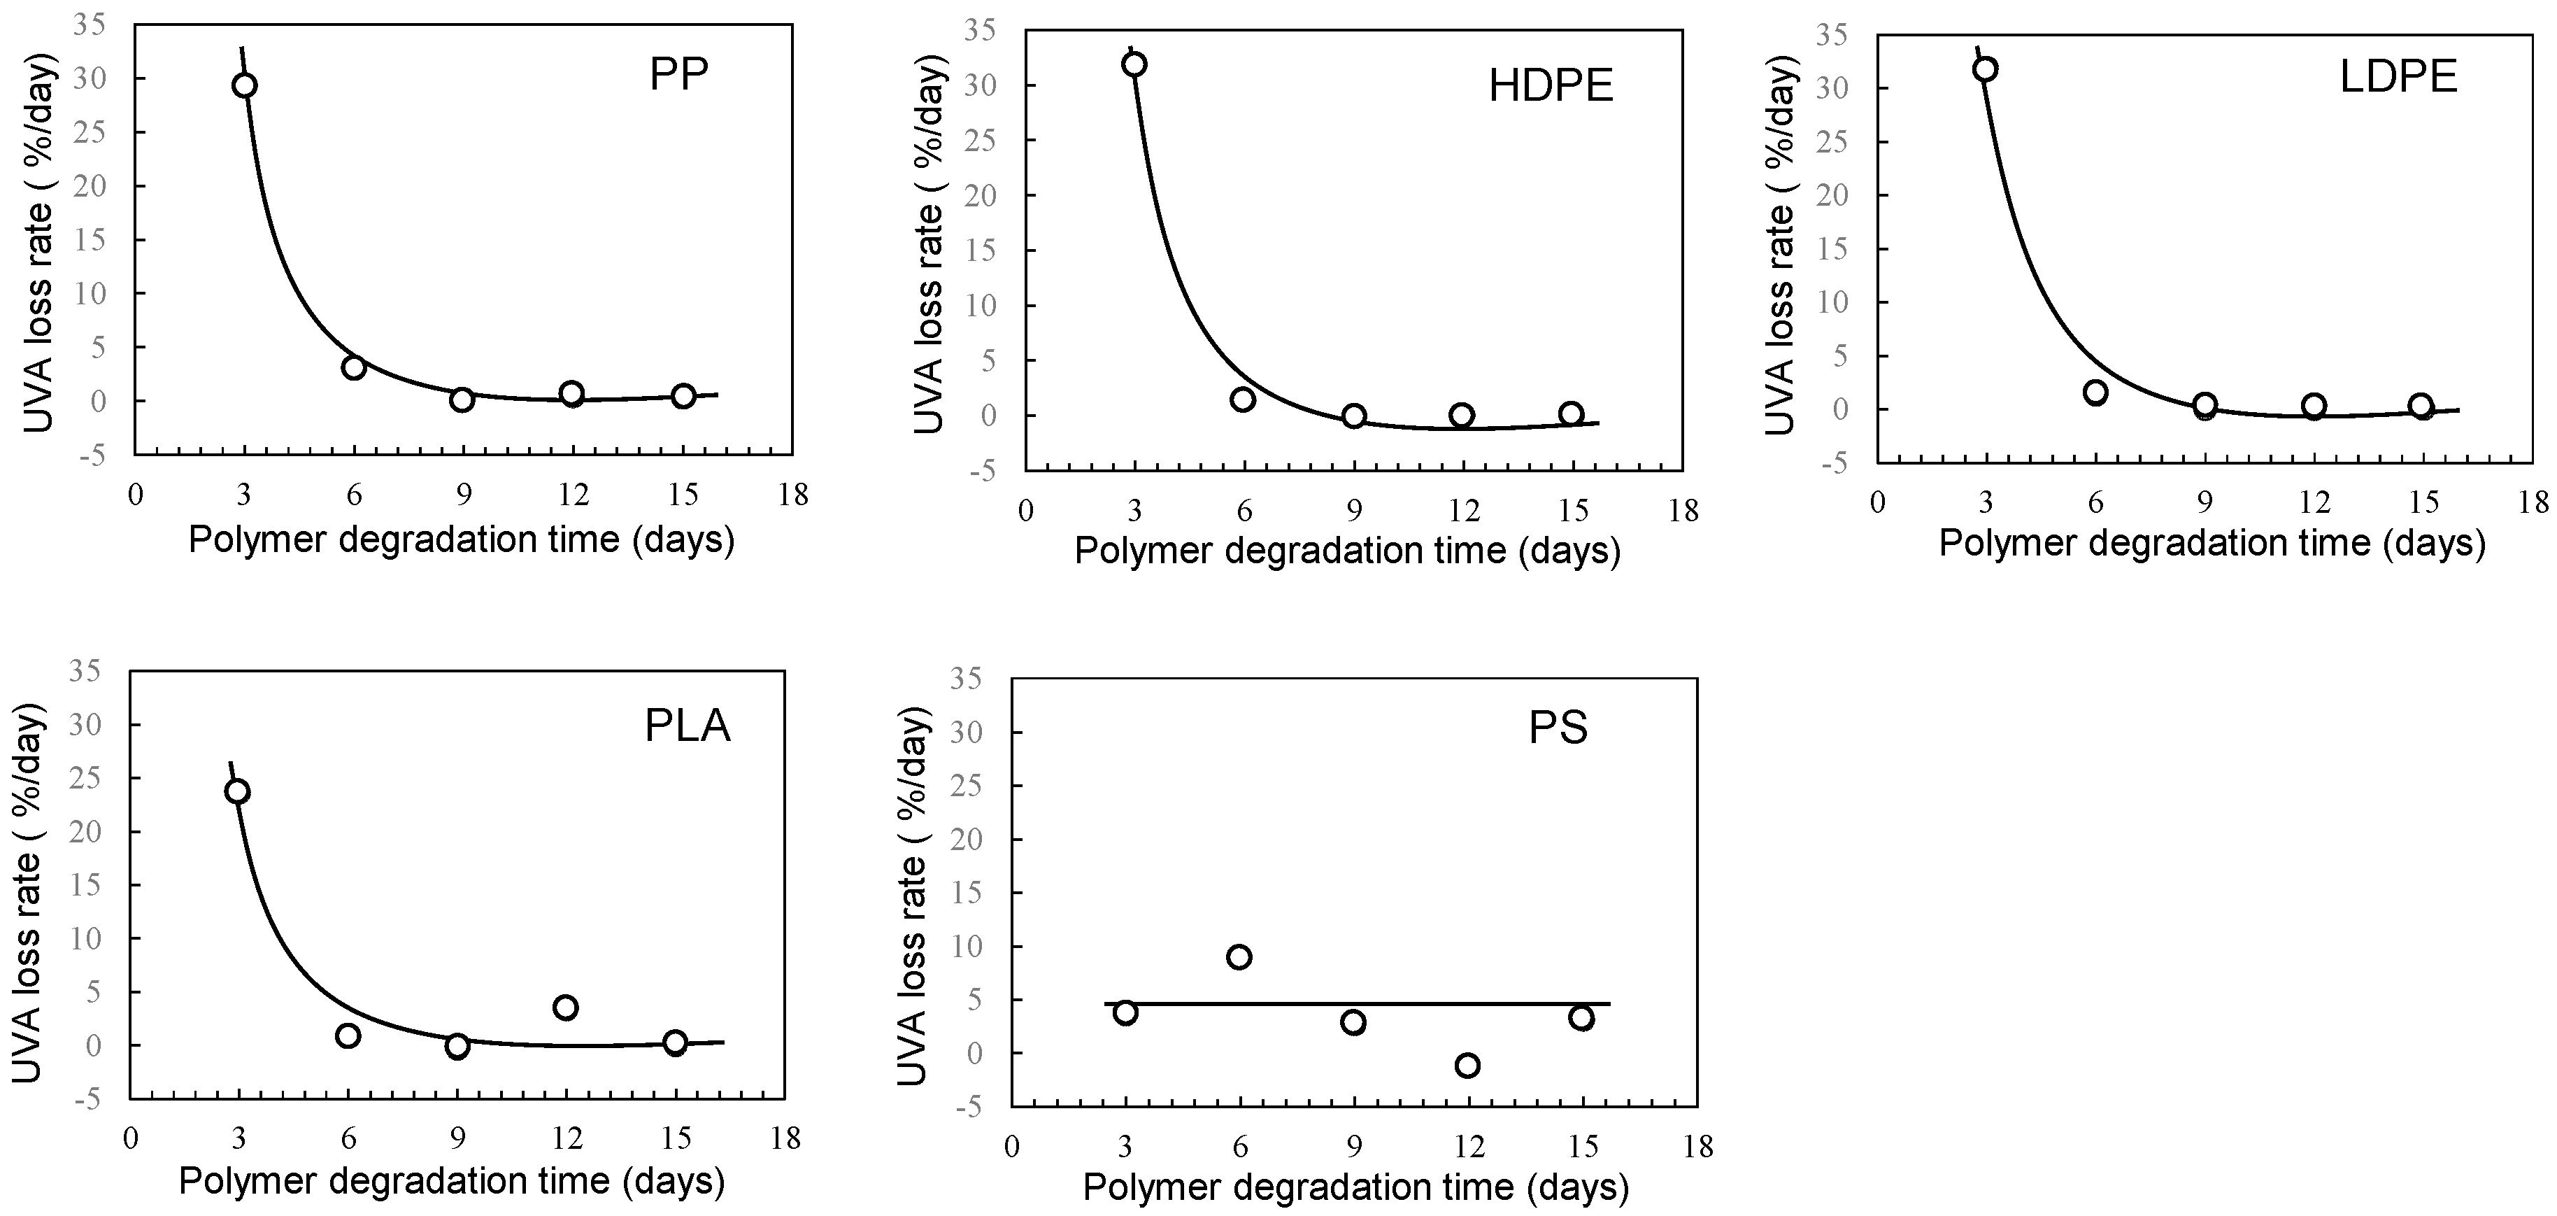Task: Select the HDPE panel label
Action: (x=1551, y=87)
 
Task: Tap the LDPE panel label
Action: (x=2398, y=78)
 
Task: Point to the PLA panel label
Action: (x=687, y=727)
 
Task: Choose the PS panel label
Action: (x=1558, y=730)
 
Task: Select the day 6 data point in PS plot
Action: (x=1239, y=957)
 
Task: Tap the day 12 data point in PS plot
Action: (x=1467, y=1065)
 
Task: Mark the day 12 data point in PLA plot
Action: (x=566, y=1008)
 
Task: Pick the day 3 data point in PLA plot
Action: (x=237, y=791)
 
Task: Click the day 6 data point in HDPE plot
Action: (x=1243, y=399)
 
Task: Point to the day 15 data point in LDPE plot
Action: (x=2421, y=406)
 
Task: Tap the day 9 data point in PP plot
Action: (x=462, y=400)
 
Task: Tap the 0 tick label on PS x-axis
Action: (x=1011, y=1147)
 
